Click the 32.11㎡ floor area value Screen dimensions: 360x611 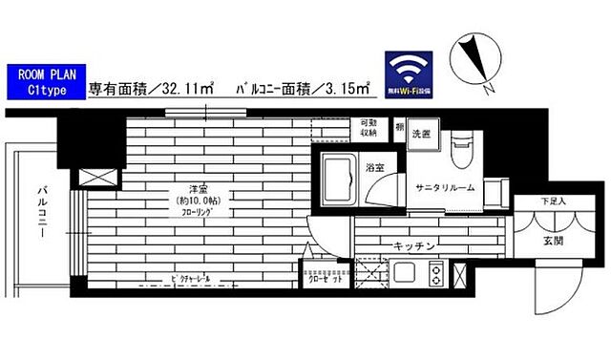click(x=188, y=92)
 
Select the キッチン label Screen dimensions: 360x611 click(x=414, y=246)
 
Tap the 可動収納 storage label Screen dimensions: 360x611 click(x=367, y=129)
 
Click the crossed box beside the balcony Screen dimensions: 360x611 click(x=99, y=177)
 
